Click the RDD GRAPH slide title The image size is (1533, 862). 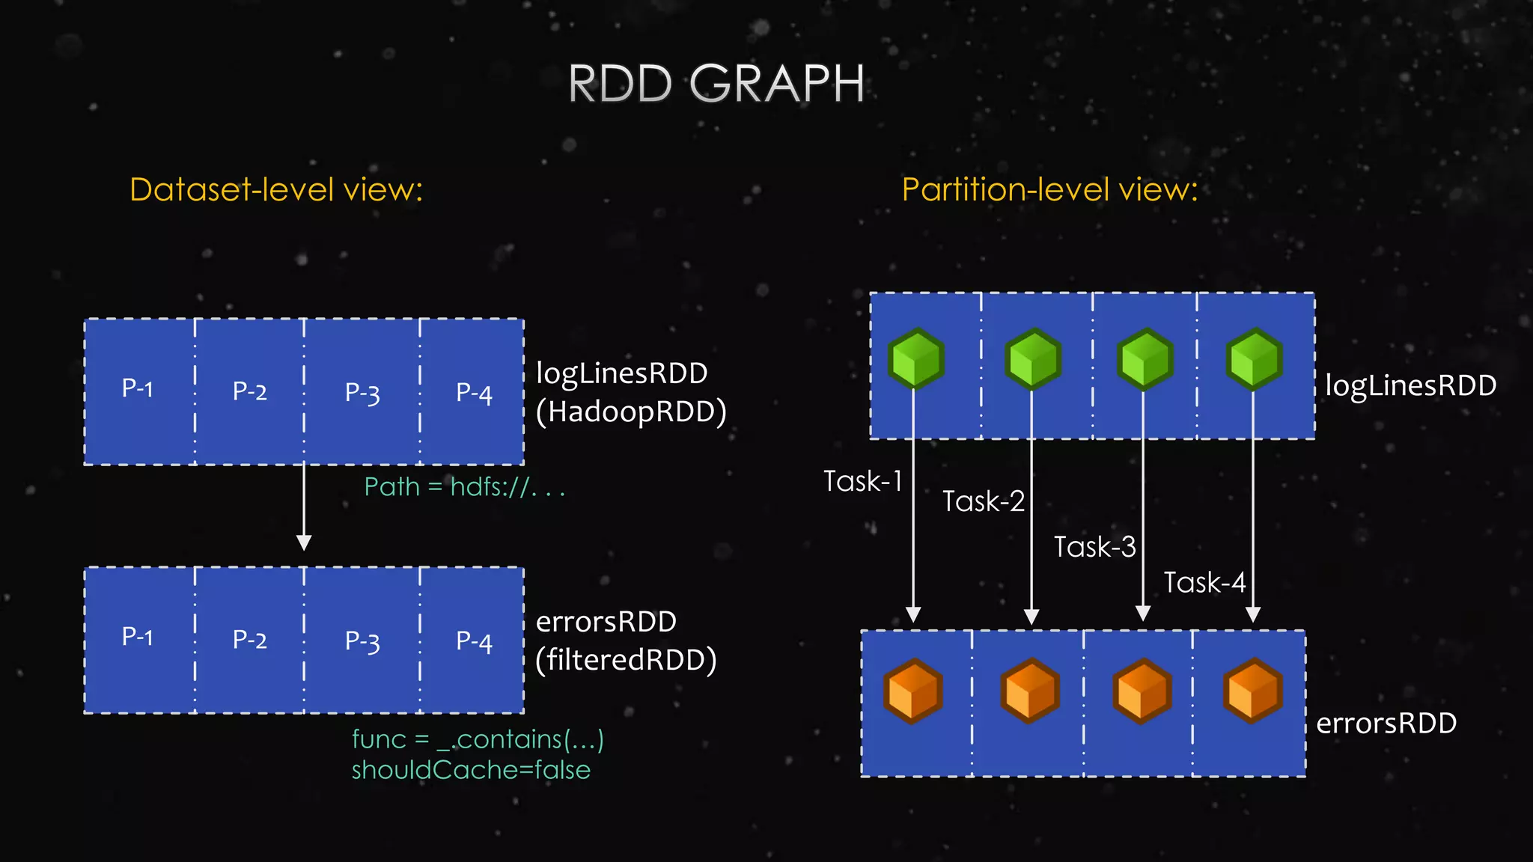pos(716,83)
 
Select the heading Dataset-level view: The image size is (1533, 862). pos(276,189)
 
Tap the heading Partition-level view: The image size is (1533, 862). pos(1049,189)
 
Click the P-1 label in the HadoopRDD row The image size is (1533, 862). pos(138,388)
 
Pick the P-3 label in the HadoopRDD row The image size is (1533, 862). pos(362,392)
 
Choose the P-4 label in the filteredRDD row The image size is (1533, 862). pos(474,641)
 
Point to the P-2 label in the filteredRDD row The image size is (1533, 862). pos(249,640)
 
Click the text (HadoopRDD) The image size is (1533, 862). pos(631,412)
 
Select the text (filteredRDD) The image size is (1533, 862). pos(626,660)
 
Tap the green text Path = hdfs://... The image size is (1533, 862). pos(463,487)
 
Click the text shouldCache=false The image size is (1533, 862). pos(471,770)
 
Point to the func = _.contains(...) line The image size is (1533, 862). pos(478,739)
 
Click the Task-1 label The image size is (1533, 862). pos(862,481)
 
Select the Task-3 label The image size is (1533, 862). pos(1094,547)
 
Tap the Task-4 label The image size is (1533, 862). pos(1204,582)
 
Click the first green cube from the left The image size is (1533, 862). pos(915,358)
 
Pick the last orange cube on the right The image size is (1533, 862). pos(1252,690)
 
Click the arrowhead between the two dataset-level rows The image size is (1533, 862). pos(304,542)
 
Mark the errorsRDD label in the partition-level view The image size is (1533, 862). pos(1386,723)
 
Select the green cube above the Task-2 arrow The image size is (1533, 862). pos(1032,358)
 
